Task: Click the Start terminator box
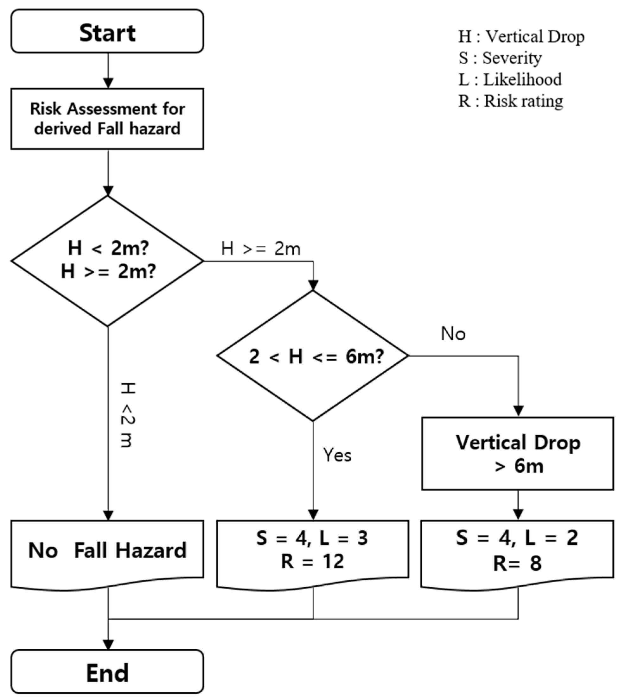(x=107, y=32)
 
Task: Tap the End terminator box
(x=107, y=671)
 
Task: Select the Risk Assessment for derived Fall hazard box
(x=107, y=119)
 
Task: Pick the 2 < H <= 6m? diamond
(x=313, y=356)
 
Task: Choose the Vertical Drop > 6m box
(x=518, y=454)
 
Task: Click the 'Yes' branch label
(x=337, y=455)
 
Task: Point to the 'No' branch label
(x=453, y=334)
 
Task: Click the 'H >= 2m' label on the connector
(x=261, y=249)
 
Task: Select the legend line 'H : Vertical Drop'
(x=521, y=36)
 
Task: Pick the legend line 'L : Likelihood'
(x=510, y=79)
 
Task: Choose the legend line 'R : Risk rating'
(x=511, y=101)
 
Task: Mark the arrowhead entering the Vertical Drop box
(x=518, y=411)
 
